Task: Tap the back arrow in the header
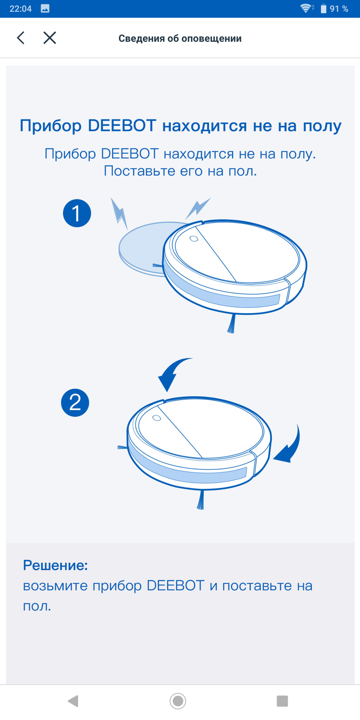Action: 21,38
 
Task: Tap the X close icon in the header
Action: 50,38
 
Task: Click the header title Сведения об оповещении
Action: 180,38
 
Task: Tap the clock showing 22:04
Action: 21,8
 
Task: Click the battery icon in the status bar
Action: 323,8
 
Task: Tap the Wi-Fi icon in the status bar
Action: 306,8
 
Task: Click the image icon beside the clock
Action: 45,8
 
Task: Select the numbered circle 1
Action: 77,213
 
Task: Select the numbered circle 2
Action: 75,403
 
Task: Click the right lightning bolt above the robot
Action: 198,208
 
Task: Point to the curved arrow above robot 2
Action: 173,372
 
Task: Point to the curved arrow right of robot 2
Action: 290,447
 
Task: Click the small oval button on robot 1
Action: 194,239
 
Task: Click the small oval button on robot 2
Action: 157,418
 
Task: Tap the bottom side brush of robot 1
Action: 231,323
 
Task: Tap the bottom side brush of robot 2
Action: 201,500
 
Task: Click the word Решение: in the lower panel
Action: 55,565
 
